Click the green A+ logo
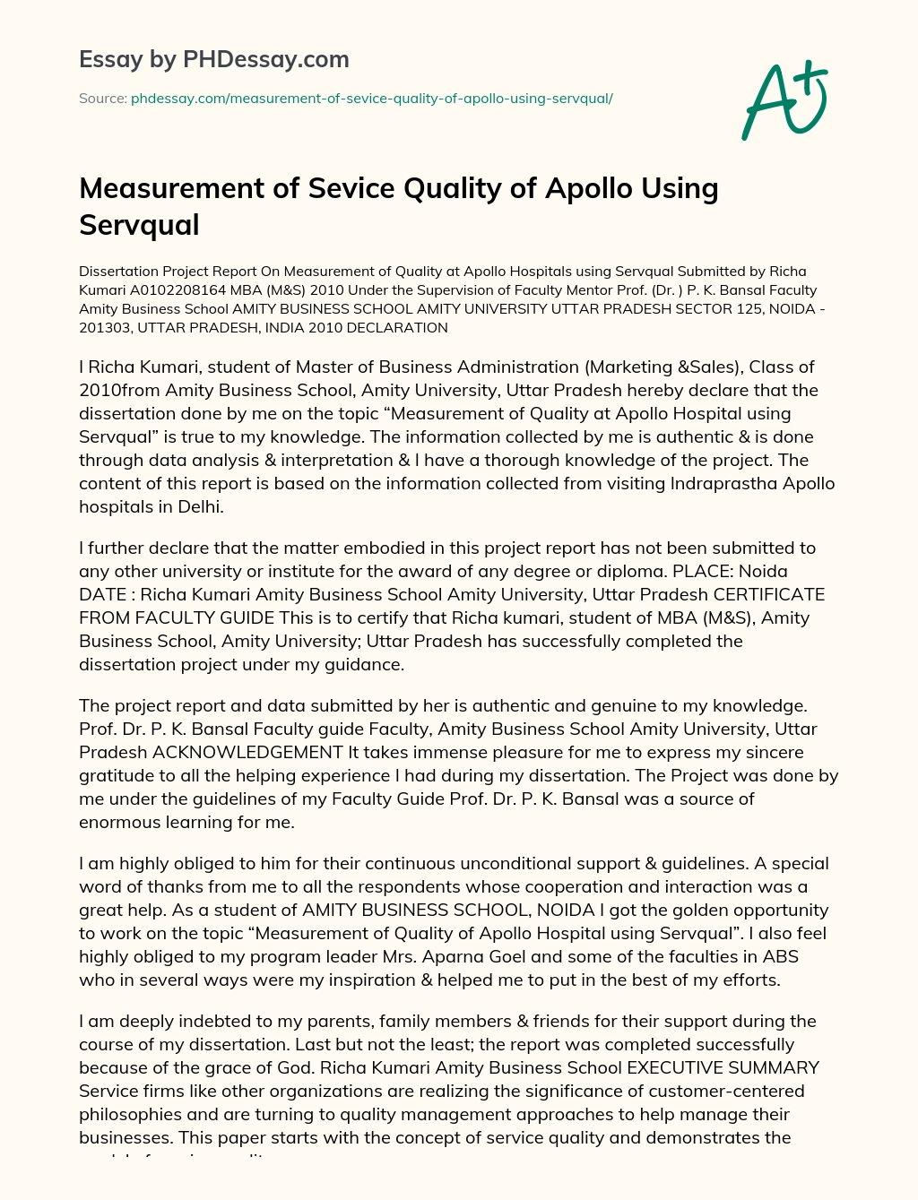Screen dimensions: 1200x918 (x=784, y=100)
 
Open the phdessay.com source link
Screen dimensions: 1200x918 (x=371, y=98)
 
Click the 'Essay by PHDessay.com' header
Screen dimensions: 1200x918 (x=213, y=59)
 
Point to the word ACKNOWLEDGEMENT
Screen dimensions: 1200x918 (x=247, y=752)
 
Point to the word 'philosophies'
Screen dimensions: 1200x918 (x=128, y=1114)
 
